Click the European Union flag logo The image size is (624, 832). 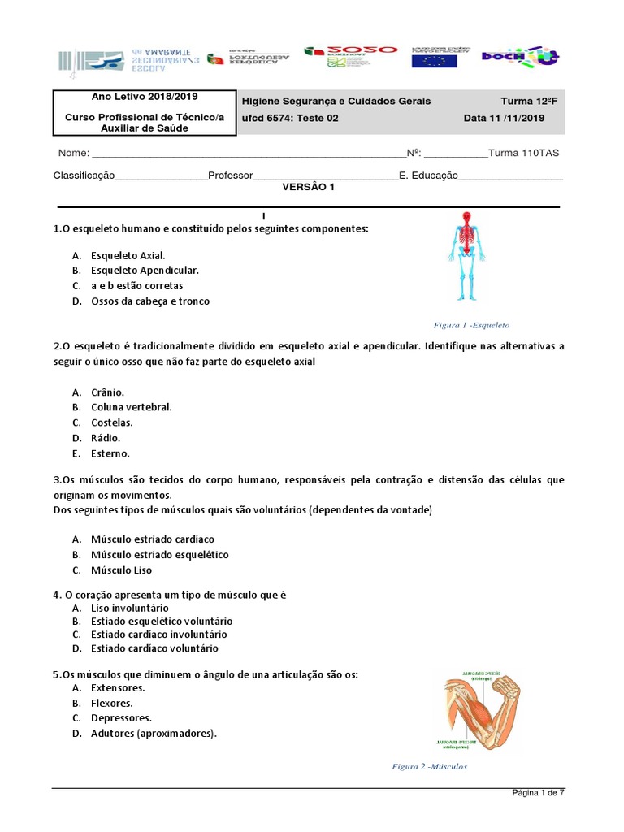coord(434,58)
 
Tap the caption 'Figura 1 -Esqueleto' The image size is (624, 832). coord(471,325)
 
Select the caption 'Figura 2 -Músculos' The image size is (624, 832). coord(429,766)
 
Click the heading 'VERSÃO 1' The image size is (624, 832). coord(308,187)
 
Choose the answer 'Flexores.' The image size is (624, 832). coord(112,703)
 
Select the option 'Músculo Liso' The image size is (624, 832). coord(121,570)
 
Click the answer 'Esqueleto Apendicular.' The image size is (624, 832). coord(145,270)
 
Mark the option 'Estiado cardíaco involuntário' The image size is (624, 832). coord(159,634)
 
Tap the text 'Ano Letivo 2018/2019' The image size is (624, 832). coord(145,97)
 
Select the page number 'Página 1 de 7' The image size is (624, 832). coord(537,794)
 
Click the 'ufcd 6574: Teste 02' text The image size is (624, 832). coord(290,118)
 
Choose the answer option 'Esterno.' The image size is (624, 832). coord(110,453)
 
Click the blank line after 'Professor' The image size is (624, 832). coord(325,175)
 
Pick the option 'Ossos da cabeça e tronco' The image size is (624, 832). coord(150,301)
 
